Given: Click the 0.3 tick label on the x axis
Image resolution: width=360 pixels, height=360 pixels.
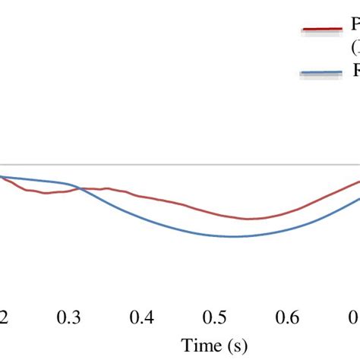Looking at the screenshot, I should [x=69, y=317].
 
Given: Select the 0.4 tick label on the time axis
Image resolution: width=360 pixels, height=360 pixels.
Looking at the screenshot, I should [x=142, y=317].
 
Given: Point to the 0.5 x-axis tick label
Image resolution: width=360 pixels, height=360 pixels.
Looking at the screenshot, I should [x=215, y=317].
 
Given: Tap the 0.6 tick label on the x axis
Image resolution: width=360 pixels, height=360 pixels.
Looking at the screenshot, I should [x=288, y=317].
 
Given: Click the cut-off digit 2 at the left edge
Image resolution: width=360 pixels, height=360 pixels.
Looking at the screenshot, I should [x=4, y=317].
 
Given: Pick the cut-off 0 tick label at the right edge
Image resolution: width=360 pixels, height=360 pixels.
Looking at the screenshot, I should [x=355, y=317].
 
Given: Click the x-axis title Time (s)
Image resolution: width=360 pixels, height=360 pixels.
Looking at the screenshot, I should [x=214, y=346].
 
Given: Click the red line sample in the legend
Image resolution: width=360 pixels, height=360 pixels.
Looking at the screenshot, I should [x=323, y=30].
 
